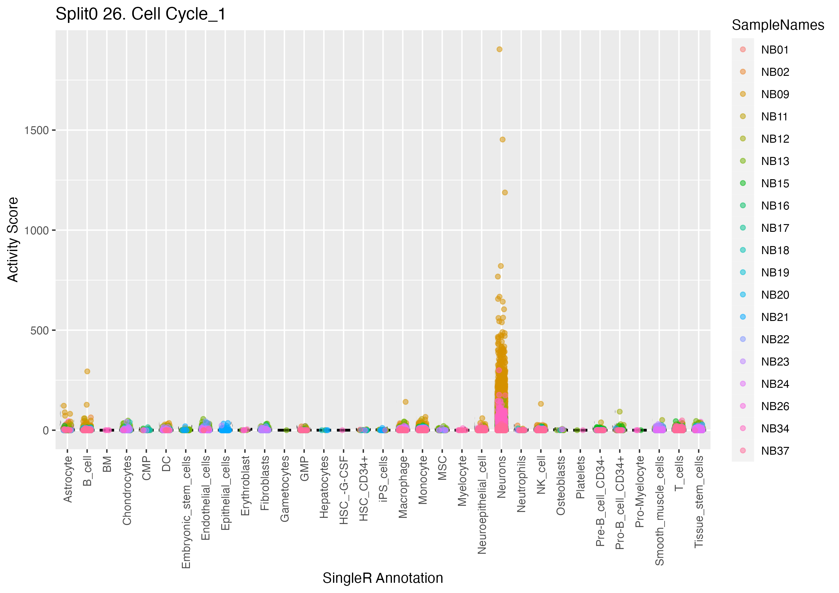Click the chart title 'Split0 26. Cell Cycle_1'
pyautogui.click(x=140, y=15)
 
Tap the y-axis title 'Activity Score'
pyautogui.click(x=13, y=240)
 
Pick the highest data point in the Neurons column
pyautogui.click(x=499, y=49)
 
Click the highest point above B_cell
pyautogui.click(x=87, y=371)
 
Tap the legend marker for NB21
pyautogui.click(x=743, y=317)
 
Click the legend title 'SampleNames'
pyautogui.click(x=778, y=25)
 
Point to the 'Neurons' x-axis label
pyautogui.click(x=501, y=477)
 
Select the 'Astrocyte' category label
pyautogui.click(x=68, y=479)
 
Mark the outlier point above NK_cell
pyautogui.click(x=541, y=404)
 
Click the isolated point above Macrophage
pyautogui.click(x=405, y=402)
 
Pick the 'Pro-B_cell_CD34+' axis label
pyautogui.click(x=620, y=502)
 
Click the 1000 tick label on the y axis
pyautogui.click(x=36, y=230)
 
